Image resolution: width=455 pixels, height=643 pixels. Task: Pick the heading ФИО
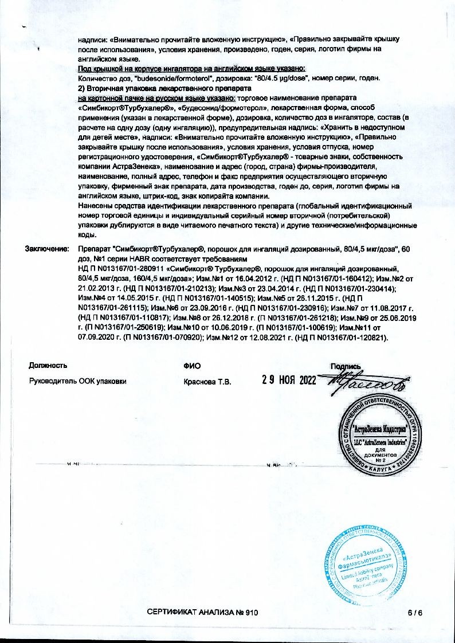tap(192, 366)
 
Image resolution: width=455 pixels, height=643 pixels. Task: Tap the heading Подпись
tap(345, 366)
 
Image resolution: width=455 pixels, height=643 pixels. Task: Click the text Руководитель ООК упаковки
tap(78, 382)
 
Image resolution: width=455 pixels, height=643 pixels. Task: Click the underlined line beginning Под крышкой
tap(191, 69)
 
